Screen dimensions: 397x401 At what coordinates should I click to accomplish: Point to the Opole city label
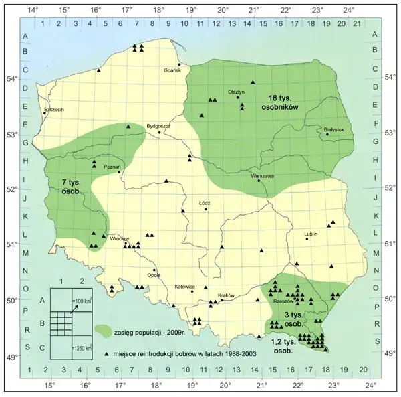click(x=154, y=274)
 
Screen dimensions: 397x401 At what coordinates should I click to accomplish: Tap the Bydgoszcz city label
click(x=158, y=125)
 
